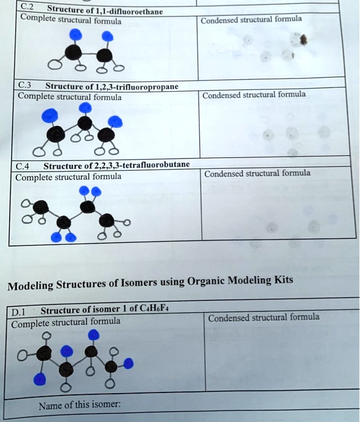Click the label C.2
[x=27, y=7]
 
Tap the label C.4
[x=24, y=166]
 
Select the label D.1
[x=19, y=312]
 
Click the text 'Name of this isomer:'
[x=79, y=405]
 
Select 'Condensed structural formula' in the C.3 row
[x=254, y=95]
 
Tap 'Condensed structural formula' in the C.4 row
[x=257, y=174]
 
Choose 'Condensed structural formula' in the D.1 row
[x=264, y=318]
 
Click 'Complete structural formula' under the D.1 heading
[x=66, y=322]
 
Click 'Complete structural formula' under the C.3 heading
[x=70, y=96]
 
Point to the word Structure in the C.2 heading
[x=65, y=9]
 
